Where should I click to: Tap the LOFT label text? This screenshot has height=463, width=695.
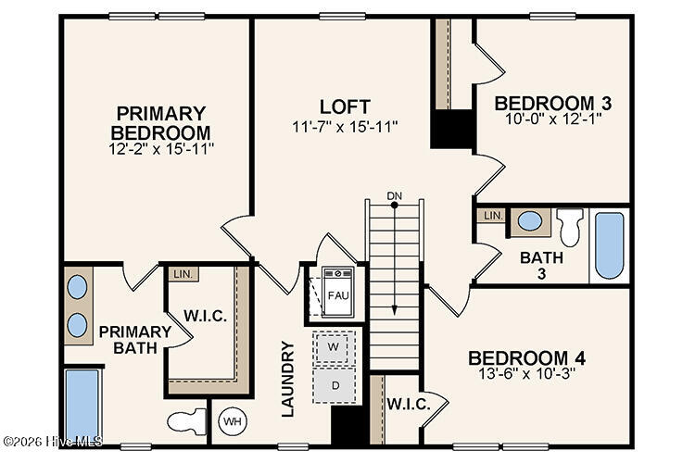345,106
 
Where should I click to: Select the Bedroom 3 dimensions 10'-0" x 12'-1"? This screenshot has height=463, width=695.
539,119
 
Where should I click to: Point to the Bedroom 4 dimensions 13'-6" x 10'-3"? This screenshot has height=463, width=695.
525,376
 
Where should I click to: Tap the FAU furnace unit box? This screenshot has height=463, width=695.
335,294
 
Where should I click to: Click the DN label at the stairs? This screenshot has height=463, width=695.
395,195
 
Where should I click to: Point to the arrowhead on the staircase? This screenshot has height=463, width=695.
395,311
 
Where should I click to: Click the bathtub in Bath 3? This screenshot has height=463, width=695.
609,244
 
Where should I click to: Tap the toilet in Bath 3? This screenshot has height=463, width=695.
570,225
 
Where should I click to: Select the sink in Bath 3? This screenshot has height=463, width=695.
530,221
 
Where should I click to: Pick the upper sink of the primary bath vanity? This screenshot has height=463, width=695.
78,286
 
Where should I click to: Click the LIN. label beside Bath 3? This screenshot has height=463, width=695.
491,216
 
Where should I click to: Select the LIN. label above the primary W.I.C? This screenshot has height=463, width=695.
181,274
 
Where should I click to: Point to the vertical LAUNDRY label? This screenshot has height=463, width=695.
287,379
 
